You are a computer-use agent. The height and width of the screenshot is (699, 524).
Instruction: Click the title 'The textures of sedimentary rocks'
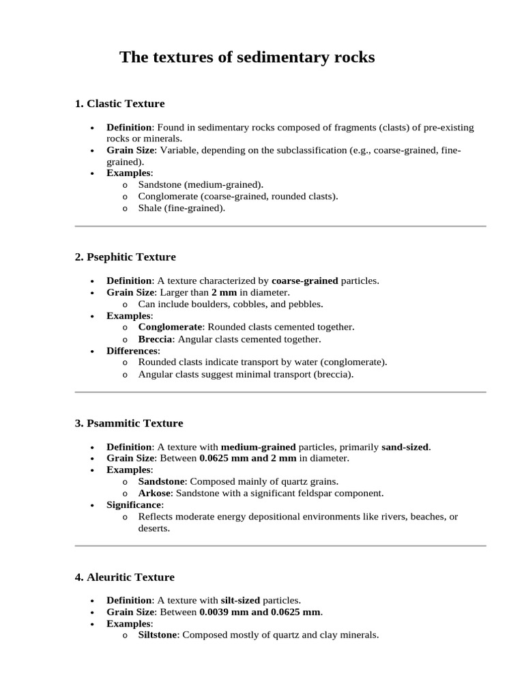[x=247, y=57]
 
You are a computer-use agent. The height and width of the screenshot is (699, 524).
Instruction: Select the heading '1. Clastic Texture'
[x=119, y=104]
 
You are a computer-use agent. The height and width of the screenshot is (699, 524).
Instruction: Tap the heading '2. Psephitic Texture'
[x=125, y=257]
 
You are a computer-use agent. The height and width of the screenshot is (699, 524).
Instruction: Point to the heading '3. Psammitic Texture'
[x=128, y=423]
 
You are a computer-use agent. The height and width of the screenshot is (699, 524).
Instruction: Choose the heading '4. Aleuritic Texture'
[x=124, y=577]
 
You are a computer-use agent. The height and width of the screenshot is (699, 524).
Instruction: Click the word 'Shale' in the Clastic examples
[x=150, y=208]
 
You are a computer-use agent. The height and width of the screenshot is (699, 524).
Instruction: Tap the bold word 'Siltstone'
[x=158, y=635]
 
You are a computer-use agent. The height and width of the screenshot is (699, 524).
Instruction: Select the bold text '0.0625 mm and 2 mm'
[x=247, y=458]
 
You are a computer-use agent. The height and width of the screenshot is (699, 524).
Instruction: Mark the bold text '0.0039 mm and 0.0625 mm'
[x=260, y=612]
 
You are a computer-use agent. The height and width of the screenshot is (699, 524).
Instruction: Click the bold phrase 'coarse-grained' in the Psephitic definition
[x=304, y=281]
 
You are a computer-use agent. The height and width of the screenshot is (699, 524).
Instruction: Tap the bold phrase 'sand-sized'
[x=405, y=447]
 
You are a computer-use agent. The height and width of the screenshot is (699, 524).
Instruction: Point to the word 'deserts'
[x=154, y=528]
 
